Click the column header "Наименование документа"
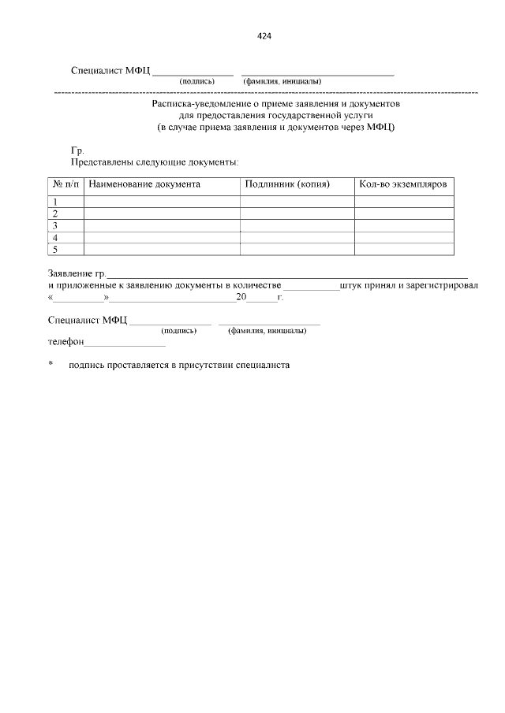tap(144, 184)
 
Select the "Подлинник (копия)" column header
tap(287, 184)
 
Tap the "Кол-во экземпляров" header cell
tap(402, 184)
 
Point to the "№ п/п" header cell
tap(65, 184)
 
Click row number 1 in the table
tap(55, 202)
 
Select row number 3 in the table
tap(55, 225)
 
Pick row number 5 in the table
tap(55, 249)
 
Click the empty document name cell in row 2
tap(161, 214)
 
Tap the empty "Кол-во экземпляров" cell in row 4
tap(404, 237)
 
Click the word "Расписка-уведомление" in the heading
tap(201, 103)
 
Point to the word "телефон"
tap(65, 344)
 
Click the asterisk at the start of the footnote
tap(50, 365)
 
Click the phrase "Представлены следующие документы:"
tap(155, 162)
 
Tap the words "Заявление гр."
tap(77, 273)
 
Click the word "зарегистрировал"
tap(443, 284)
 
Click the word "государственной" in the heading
tap(304, 115)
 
